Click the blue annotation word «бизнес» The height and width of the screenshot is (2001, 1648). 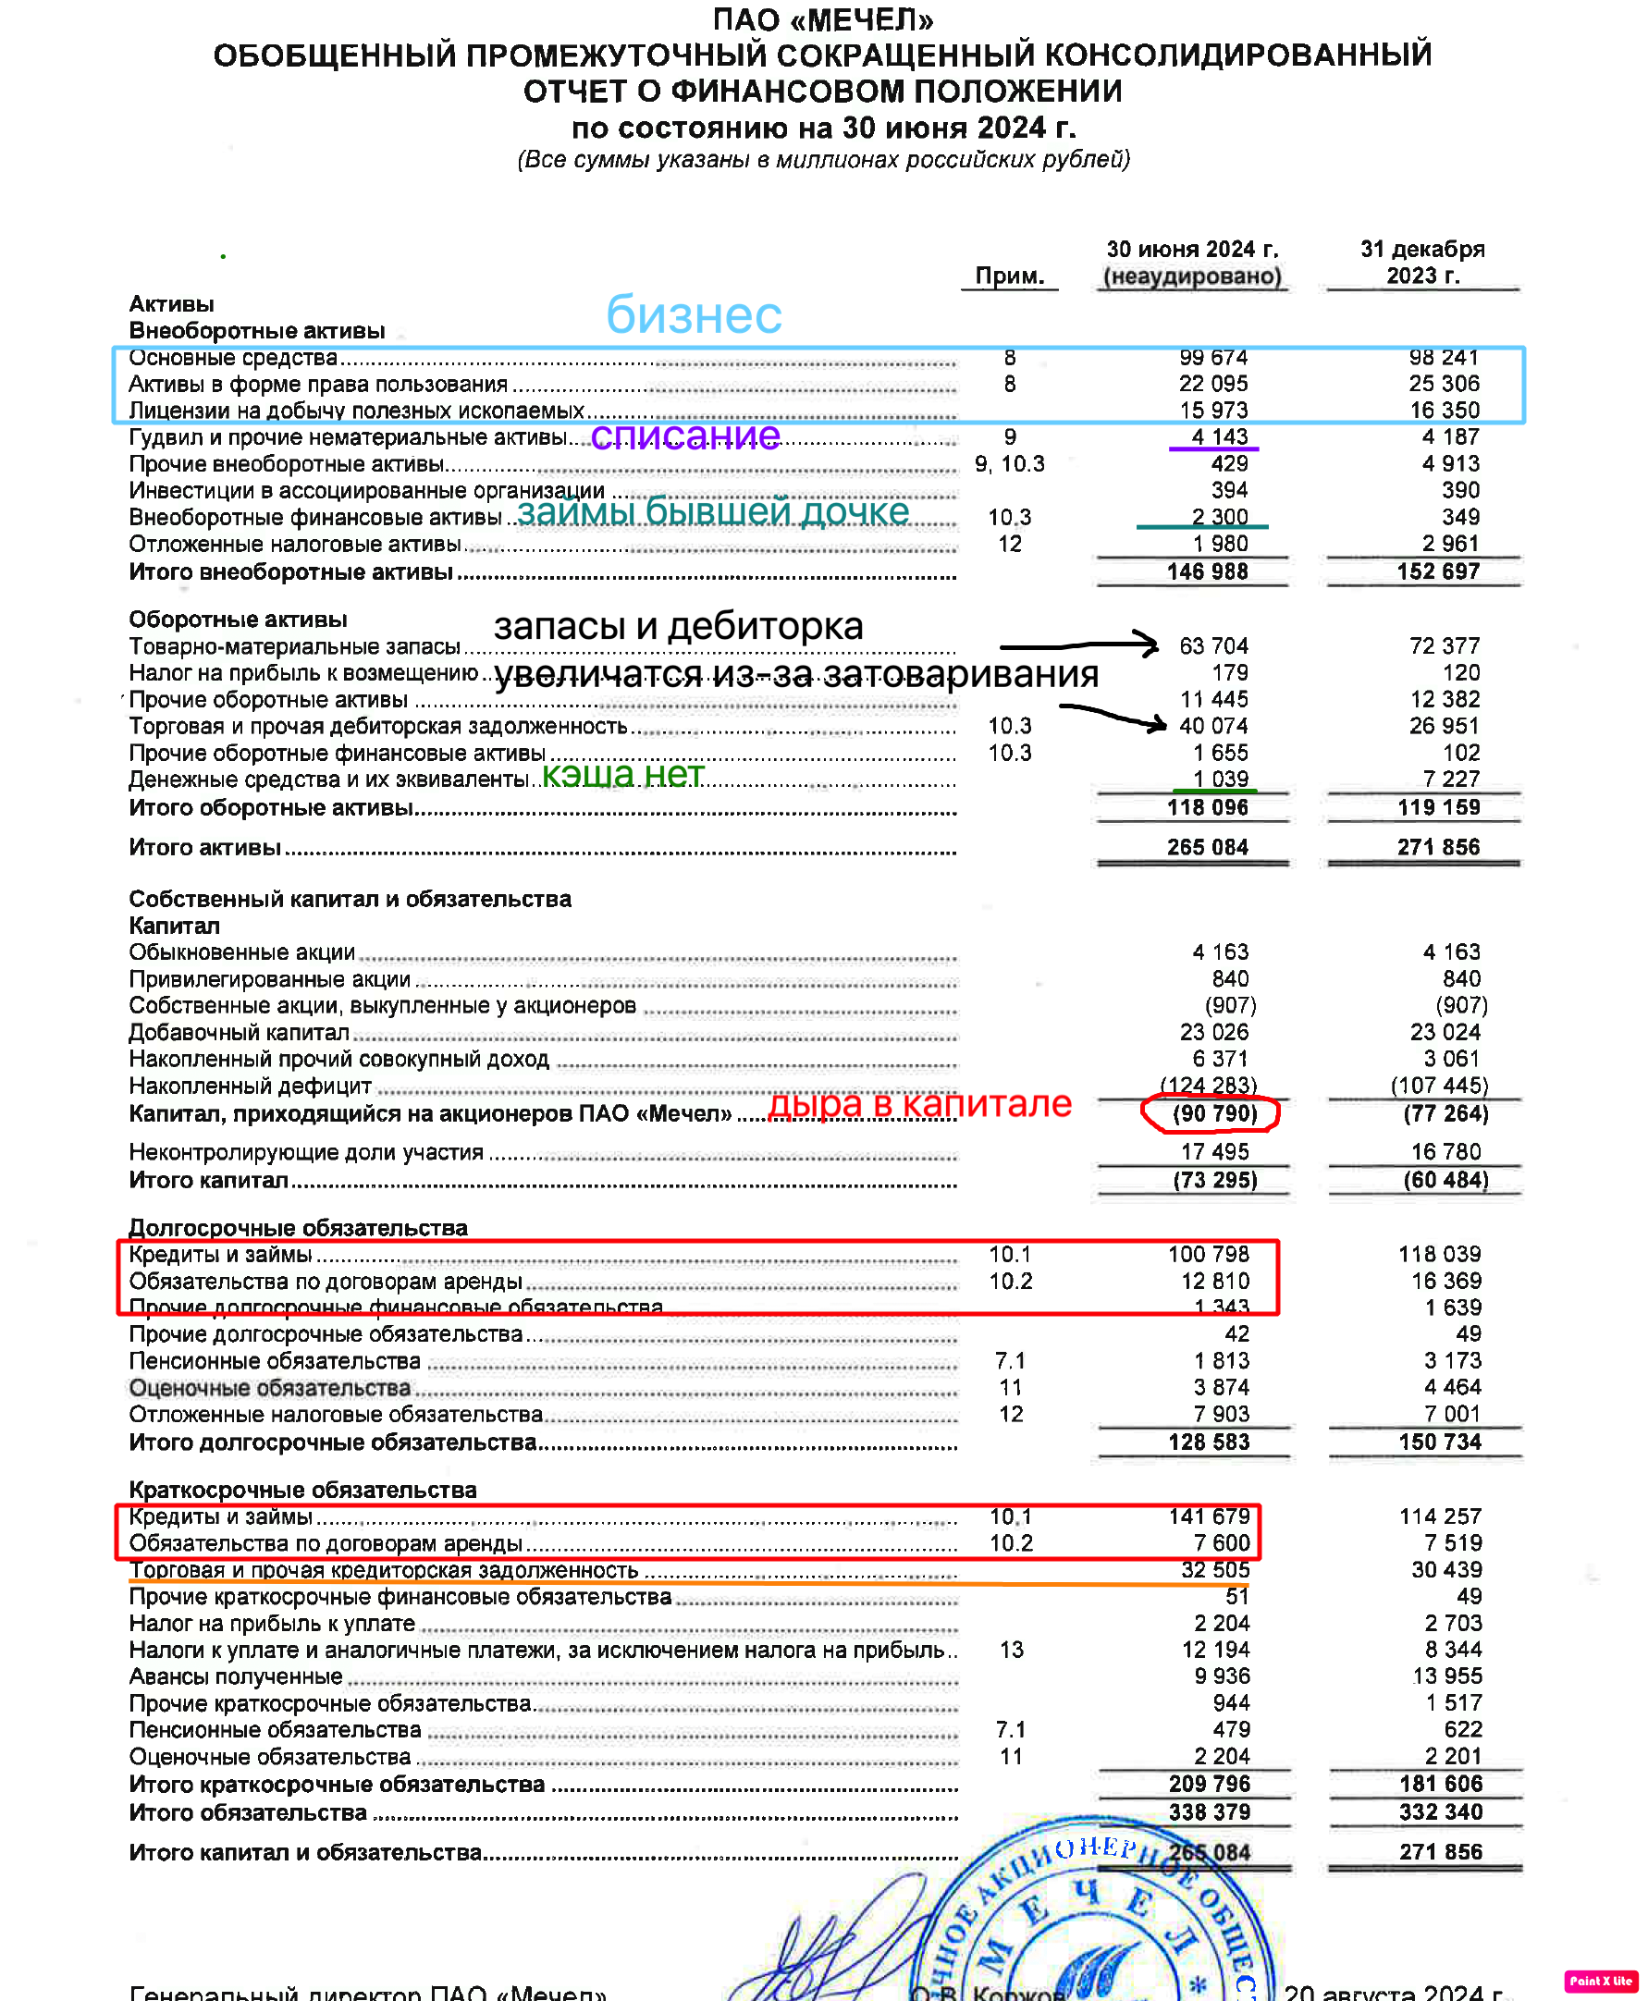click(x=694, y=315)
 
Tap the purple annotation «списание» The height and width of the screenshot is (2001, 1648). click(x=685, y=436)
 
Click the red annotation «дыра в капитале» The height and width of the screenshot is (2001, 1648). click(x=919, y=1104)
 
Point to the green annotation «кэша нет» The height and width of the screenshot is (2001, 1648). click(x=622, y=775)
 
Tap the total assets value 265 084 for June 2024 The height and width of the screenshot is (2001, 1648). click(x=1208, y=847)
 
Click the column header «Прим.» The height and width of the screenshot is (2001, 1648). click(x=1009, y=276)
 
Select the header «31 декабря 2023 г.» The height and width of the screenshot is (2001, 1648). click(x=1422, y=263)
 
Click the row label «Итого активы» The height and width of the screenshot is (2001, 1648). click(x=205, y=848)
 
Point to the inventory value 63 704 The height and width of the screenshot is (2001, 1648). click(x=1213, y=646)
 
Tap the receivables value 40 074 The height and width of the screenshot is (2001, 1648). click(x=1213, y=726)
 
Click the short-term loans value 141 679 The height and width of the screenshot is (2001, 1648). click(x=1209, y=1516)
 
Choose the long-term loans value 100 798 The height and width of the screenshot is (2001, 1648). click(x=1209, y=1254)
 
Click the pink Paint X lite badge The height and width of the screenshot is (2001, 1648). click(x=1601, y=1981)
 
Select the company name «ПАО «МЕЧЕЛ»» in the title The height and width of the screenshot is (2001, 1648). click(x=823, y=19)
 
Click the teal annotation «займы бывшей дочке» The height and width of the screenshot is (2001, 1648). click(x=713, y=511)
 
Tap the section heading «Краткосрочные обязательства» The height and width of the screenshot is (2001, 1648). click(x=302, y=1490)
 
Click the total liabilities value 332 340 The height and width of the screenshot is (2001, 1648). click(x=1439, y=1812)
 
